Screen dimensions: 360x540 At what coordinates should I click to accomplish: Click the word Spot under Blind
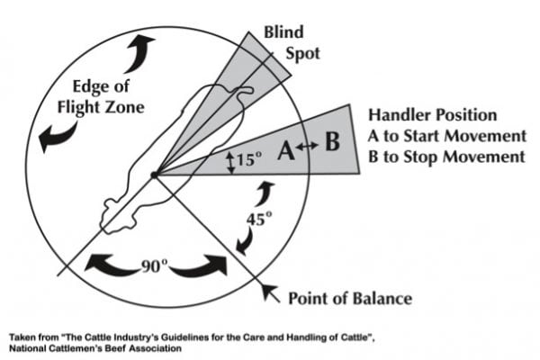304,53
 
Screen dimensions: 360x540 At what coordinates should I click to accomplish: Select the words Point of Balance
348,297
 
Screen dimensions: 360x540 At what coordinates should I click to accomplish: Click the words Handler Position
431,116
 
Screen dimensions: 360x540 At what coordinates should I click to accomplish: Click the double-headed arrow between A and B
309,148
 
